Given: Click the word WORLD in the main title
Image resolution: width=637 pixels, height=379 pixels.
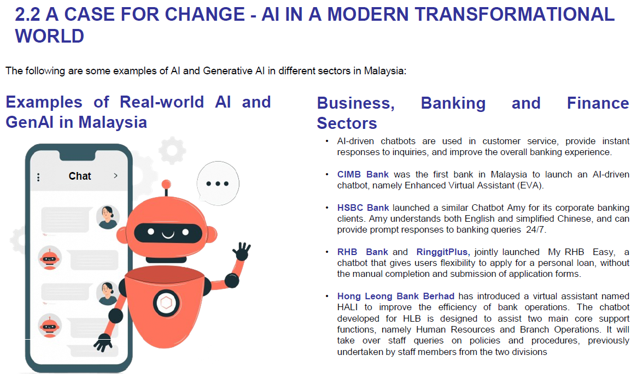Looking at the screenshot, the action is [50, 36].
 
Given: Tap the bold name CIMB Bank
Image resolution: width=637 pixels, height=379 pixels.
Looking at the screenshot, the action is [363, 175].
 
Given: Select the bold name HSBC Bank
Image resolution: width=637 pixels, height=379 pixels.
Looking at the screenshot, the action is [363, 208].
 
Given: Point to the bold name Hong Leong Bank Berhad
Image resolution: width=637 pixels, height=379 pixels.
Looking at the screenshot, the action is [396, 296].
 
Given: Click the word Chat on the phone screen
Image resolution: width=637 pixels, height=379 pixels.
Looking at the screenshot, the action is [80, 176].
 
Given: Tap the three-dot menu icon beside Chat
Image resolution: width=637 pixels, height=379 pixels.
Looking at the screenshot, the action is [38, 177].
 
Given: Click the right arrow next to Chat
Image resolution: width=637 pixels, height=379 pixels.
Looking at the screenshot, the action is [116, 176].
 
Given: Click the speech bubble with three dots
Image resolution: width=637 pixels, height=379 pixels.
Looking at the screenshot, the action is [218, 183].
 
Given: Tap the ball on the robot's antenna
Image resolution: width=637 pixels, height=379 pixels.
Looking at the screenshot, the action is [166, 185].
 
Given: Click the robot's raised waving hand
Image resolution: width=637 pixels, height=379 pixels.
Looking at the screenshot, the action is [242, 251].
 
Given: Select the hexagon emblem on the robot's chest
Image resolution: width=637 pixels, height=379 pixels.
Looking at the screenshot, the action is [166, 303].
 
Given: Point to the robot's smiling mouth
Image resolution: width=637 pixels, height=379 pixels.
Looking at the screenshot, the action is [168, 235].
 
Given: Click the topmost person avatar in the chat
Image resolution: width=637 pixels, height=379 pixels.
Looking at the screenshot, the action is [108, 217].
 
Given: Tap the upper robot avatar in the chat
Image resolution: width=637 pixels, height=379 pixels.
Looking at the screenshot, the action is [50, 258].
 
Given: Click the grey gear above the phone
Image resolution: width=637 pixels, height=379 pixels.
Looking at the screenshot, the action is [172, 151].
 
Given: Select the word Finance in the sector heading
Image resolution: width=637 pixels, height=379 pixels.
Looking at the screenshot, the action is [598, 103].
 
